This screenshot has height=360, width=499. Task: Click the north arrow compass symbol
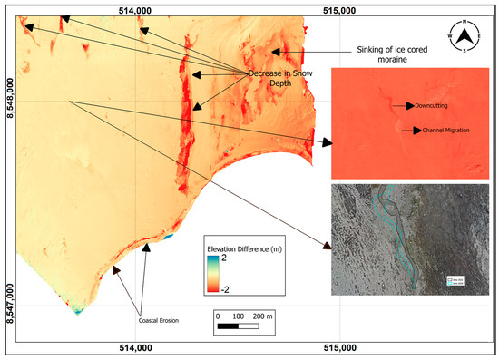(465, 37)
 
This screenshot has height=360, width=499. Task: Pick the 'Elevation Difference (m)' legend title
(246, 248)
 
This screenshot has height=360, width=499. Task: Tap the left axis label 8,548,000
(9, 96)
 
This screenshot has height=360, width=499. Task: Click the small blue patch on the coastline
(166, 238)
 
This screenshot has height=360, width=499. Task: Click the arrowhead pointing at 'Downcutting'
(410, 105)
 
